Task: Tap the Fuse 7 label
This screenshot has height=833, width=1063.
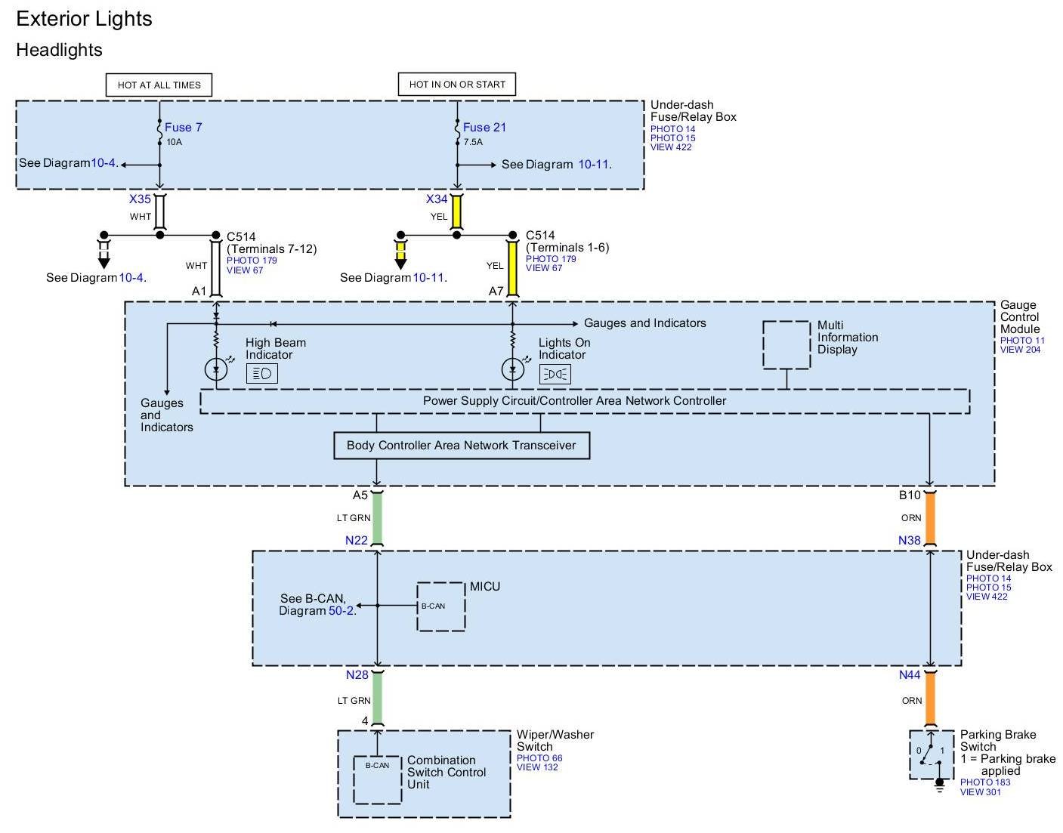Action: coord(184,127)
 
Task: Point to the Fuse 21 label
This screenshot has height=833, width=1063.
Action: coord(484,127)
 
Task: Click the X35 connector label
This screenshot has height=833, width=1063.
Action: coord(140,199)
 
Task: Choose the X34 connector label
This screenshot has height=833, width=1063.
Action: coord(437,199)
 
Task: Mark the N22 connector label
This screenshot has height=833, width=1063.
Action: coord(356,540)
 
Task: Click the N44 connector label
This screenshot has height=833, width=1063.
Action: coord(910,674)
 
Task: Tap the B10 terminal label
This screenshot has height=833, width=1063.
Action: coord(910,495)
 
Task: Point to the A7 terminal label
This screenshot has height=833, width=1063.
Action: coord(496,292)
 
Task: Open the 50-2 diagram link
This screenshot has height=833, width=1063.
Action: coord(341,610)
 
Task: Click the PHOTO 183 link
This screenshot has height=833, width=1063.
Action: coord(985,782)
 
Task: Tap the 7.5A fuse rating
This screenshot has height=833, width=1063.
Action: coord(473,142)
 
